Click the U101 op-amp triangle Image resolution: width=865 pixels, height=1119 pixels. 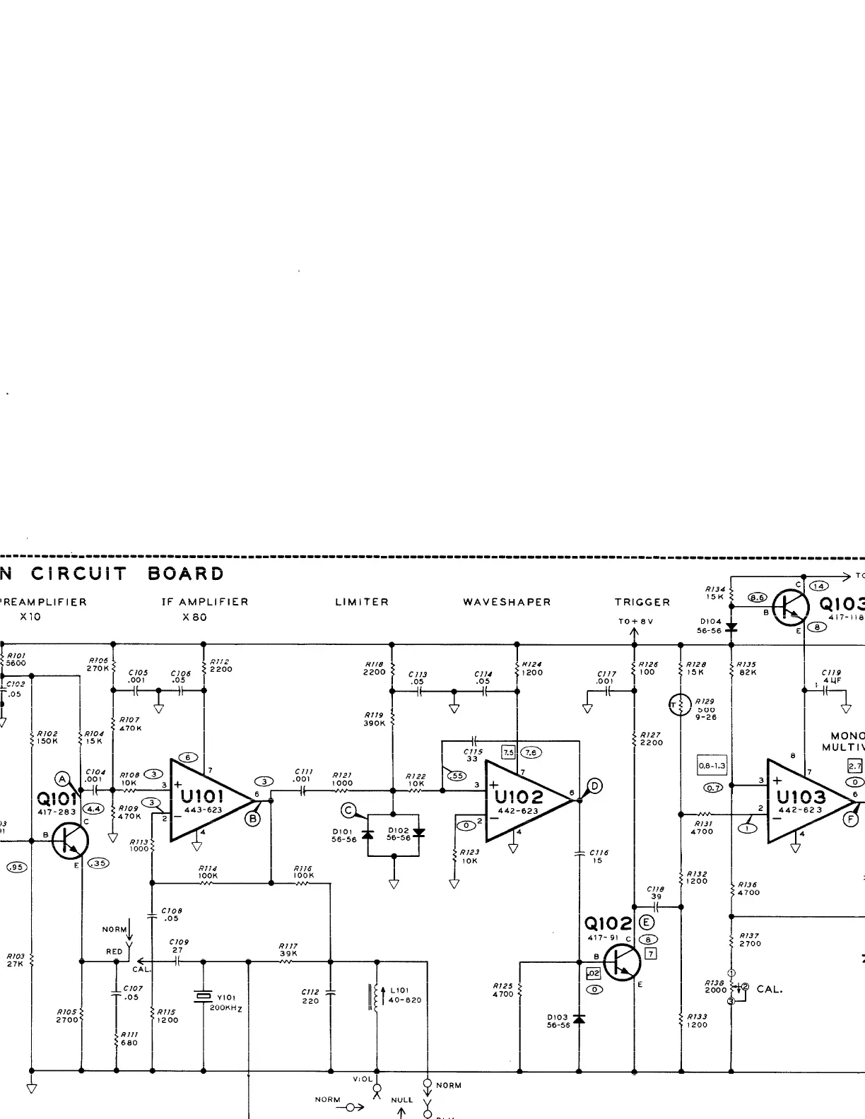(x=208, y=800)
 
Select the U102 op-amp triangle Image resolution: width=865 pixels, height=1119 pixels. (x=523, y=800)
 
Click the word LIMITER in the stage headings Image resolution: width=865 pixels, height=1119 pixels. (x=362, y=603)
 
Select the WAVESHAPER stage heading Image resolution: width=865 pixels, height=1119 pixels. (x=507, y=603)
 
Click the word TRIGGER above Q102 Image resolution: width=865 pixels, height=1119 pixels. (x=642, y=603)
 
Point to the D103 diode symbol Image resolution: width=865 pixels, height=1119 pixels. (x=579, y=1019)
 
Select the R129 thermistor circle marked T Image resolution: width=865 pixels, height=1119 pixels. (x=679, y=704)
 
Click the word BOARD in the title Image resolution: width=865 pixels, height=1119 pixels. (x=186, y=574)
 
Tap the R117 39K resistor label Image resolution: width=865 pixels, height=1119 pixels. (x=288, y=949)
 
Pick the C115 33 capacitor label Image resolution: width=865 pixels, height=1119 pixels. (x=473, y=755)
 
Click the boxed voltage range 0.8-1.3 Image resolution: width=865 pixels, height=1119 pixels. (x=712, y=766)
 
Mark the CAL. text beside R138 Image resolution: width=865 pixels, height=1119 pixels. (x=769, y=990)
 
